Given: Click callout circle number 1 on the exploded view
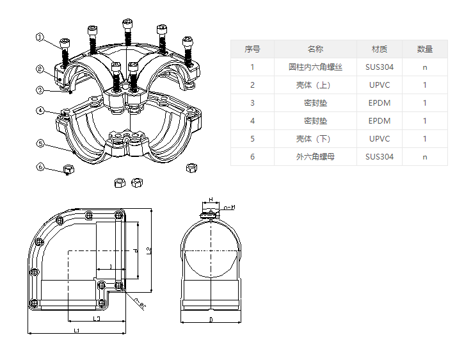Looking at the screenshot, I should pyautogui.click(x=40, y=38).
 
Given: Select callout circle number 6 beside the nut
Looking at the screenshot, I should pyautogui.click(x=40, y=168).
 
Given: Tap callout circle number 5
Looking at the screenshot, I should pyautogui.click(x=40, y=144).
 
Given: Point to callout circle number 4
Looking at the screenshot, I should pyautogui.click(x=40, y=111).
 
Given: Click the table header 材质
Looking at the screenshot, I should pyautogui.click(x=380, y=49).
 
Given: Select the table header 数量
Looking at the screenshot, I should pyautogui.click(x=425, y=49).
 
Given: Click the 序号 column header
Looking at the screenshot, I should pyautogui.click(x=252, y=49).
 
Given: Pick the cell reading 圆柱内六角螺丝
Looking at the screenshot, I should pyautogui.click(x=316, y=67).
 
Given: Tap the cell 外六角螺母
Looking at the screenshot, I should pyautogui.click(x=316, y=156).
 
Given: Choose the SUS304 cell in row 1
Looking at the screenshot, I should pyautogui.click(x=380, y=67).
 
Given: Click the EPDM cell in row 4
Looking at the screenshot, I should pyautogui.click(x=380, y=120).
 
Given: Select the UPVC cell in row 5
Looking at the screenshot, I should pyautogui.click(x=380, y=138).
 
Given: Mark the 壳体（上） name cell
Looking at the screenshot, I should pyautogui.click(x=316, y=85).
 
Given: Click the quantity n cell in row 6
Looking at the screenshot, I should pyautogui.click(x=425, y=156).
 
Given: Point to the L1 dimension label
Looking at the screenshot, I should pyautogui.click(x=76, y=331).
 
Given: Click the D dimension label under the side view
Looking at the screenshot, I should pyautogui.click(x=211, y=318).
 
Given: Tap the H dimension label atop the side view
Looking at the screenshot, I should pyautogui.click(x=211, y=200).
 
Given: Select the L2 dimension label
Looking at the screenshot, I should pyautogui.click(x=148, y=250).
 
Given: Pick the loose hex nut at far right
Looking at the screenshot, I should pyautogui.click(x=191, y=168).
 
